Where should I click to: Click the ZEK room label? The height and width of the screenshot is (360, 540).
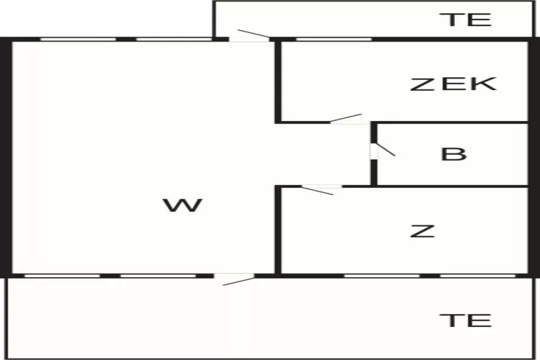click(x=454, y=84)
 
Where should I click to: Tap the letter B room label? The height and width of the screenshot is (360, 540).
click(x=454, y=154)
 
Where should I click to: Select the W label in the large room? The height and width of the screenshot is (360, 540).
click(x=182, y=206)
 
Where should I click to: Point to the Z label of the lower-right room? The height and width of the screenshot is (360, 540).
click(x=423, y=231)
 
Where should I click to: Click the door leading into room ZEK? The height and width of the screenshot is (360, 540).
click(x=349, y=121)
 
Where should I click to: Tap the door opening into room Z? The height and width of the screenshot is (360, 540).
click(x=321, y=188)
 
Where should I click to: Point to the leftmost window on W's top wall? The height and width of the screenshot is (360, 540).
click(x=78, y=39)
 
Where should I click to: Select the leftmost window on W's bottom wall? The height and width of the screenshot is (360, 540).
click(x=63, y=275)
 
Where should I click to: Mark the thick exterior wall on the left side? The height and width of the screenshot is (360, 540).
click(x=6, y=156)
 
